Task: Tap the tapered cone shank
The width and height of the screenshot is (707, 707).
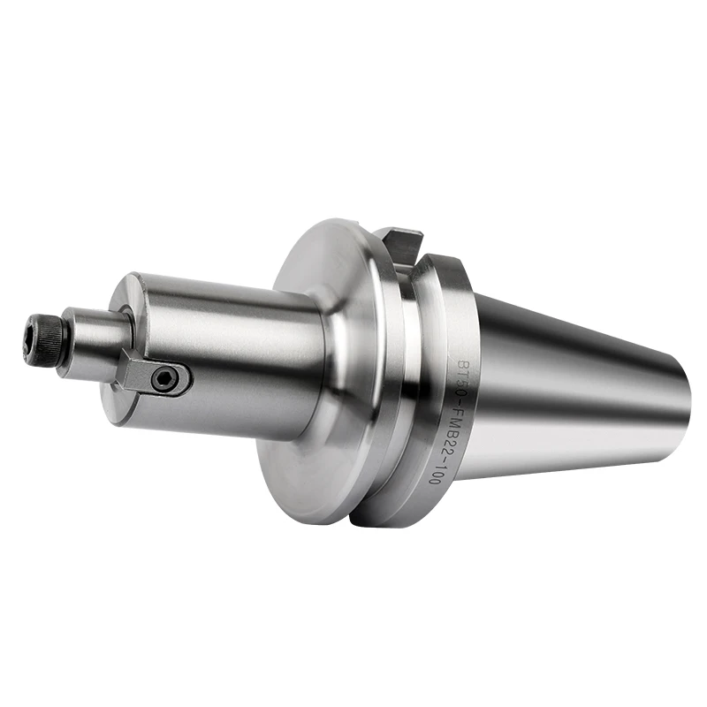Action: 574,389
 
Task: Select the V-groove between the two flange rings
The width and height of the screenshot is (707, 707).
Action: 408,371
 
